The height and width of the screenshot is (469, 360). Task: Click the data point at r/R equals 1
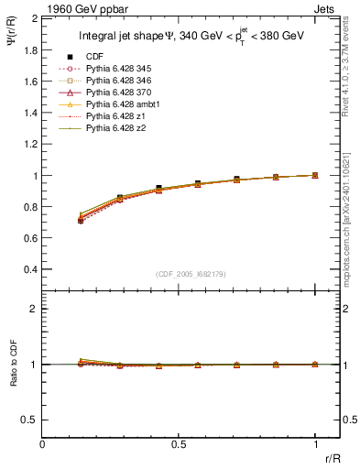coord(315,175)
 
